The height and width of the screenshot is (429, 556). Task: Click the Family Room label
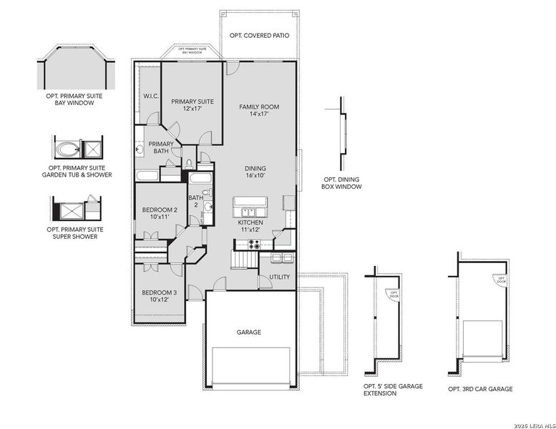259,110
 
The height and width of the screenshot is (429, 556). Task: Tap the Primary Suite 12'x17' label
192,105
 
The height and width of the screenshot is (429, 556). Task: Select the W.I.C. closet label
150,96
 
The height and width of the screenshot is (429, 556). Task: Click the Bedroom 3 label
159,296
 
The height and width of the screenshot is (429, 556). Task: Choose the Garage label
249,332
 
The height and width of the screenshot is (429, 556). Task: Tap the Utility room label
280,277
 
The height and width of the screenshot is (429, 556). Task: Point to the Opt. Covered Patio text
259,35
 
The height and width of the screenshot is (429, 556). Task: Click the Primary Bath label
161,148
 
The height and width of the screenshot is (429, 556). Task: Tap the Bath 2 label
195,202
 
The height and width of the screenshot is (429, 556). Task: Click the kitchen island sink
250,212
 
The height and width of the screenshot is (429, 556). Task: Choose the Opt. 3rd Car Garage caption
480,389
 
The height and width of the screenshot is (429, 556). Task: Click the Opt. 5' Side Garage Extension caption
393,390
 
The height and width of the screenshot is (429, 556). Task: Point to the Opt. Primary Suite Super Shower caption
75,232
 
